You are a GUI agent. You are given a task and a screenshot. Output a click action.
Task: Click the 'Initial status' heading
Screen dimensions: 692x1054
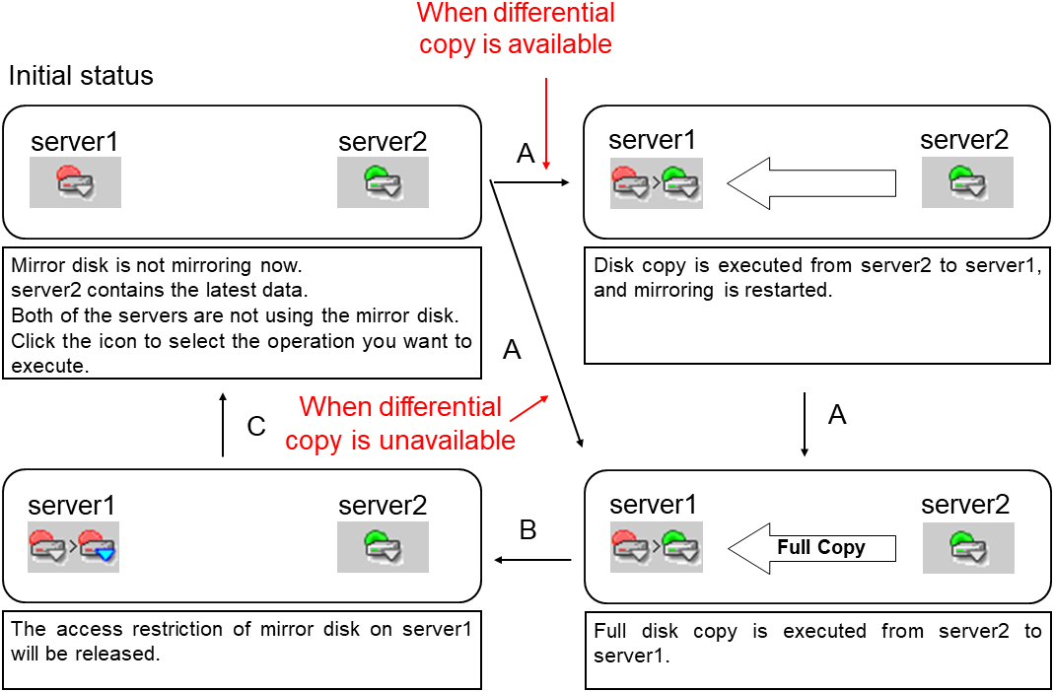pos(81,76)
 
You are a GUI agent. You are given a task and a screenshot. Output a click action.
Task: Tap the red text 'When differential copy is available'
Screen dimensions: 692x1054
pos(516,29)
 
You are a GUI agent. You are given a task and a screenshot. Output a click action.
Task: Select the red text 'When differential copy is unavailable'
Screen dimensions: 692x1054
pos(400,423)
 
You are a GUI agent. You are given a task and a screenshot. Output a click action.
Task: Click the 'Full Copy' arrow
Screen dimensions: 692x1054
pos(811,548)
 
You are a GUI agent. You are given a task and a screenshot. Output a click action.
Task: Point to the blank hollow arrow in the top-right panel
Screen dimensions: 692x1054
pos(811,183)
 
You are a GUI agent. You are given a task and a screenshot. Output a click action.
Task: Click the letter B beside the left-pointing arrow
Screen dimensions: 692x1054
pos(527,530)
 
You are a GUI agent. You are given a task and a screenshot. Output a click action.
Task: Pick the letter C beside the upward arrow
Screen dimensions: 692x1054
pos(256,427)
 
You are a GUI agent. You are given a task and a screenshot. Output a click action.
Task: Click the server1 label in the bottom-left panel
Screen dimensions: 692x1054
pos(71,507)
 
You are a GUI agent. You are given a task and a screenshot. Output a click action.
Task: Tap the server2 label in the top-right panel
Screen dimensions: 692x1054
pos(964,140)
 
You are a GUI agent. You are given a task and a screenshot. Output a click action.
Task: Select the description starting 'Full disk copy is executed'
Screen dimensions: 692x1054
pos(817,643)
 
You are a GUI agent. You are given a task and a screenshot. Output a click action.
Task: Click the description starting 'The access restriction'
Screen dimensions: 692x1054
pos(242,642)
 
